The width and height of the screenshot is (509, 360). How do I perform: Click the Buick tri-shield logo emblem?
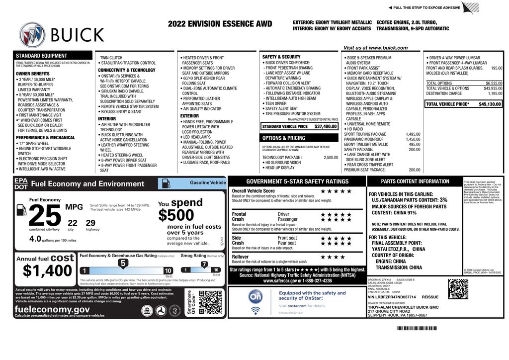click(x=32, y=34)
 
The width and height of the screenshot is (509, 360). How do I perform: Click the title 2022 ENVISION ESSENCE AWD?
click(x=220, y=24)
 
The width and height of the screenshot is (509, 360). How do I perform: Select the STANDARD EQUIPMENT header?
click(x=42, y=56)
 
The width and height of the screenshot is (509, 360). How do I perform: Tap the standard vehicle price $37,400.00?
click(x=326, y=126)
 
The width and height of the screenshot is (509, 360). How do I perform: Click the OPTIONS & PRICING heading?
click(x=284, y=138)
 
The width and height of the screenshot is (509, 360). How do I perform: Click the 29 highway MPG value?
click(x=90, y=223)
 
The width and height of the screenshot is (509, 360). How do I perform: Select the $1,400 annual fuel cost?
click(x=48, y=270)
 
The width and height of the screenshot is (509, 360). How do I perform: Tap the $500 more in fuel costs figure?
click(x=176, y=215)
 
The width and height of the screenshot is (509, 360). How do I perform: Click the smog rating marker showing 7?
click(x=204, y=264)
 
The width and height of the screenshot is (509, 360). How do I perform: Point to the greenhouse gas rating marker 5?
click(x=123, y=264)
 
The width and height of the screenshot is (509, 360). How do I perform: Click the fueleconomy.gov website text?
click(x=52, y=309)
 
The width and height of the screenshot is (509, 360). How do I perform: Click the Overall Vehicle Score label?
click(x=253, y=191)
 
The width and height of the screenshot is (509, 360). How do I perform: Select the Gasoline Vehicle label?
click(x=207, y=183)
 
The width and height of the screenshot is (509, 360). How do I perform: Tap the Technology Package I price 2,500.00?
click(x=331, y=157)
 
